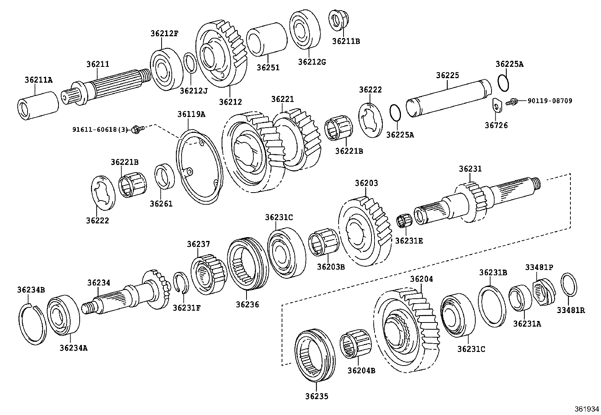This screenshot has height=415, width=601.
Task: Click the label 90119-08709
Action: [550, 101]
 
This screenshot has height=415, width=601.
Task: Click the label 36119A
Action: [191, 114]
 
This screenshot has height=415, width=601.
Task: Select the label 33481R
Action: [571, 310]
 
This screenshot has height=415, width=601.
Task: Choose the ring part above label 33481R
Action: [569, 285]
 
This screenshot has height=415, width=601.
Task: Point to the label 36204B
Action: [361, 370]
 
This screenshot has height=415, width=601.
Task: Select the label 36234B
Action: [31, 290]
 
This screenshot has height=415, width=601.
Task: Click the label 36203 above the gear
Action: [366, 183]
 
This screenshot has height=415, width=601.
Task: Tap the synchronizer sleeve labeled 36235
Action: [314, 356]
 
